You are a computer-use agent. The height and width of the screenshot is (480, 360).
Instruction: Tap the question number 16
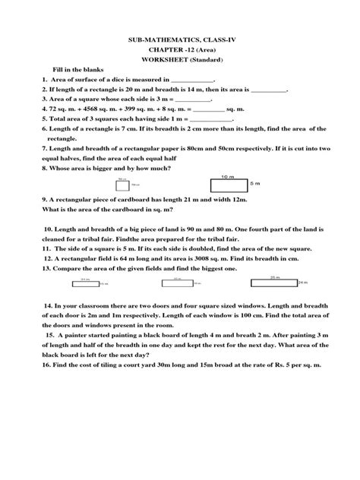pyautogui.click(x=27, y=365)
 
